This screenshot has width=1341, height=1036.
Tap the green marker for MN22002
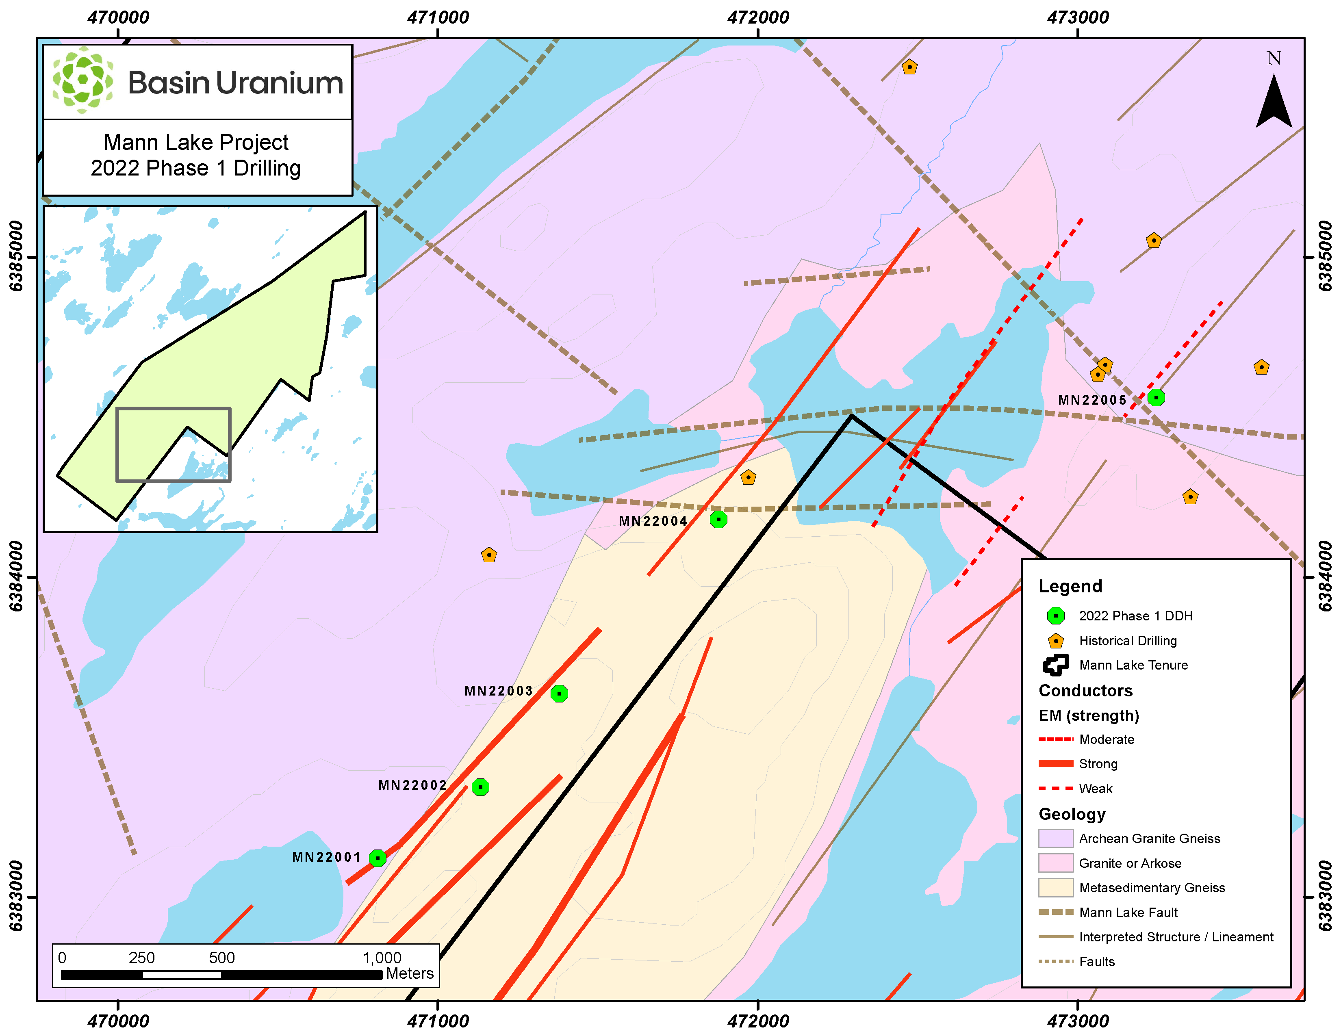(x=480, y=787)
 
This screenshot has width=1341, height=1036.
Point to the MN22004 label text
(x=652, y=521)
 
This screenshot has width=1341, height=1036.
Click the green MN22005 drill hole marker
(x=1156, y=398)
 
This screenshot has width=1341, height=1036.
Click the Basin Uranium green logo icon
(x=82, y=80)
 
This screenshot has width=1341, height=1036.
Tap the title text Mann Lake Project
(x=196, y=142)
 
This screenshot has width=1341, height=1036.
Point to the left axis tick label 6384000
(x=17, y=577)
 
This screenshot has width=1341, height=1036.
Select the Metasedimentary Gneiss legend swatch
(x=1055, y=887)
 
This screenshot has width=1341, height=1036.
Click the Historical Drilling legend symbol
(x=1055, y=641)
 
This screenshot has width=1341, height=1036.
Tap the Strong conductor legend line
(x=1055, y=763)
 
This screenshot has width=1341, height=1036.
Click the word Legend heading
(x=1070, y=586)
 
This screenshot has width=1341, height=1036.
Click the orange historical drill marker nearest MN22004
(x=748, y=477)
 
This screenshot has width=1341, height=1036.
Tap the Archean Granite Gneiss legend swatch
(x=1055, y=839)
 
